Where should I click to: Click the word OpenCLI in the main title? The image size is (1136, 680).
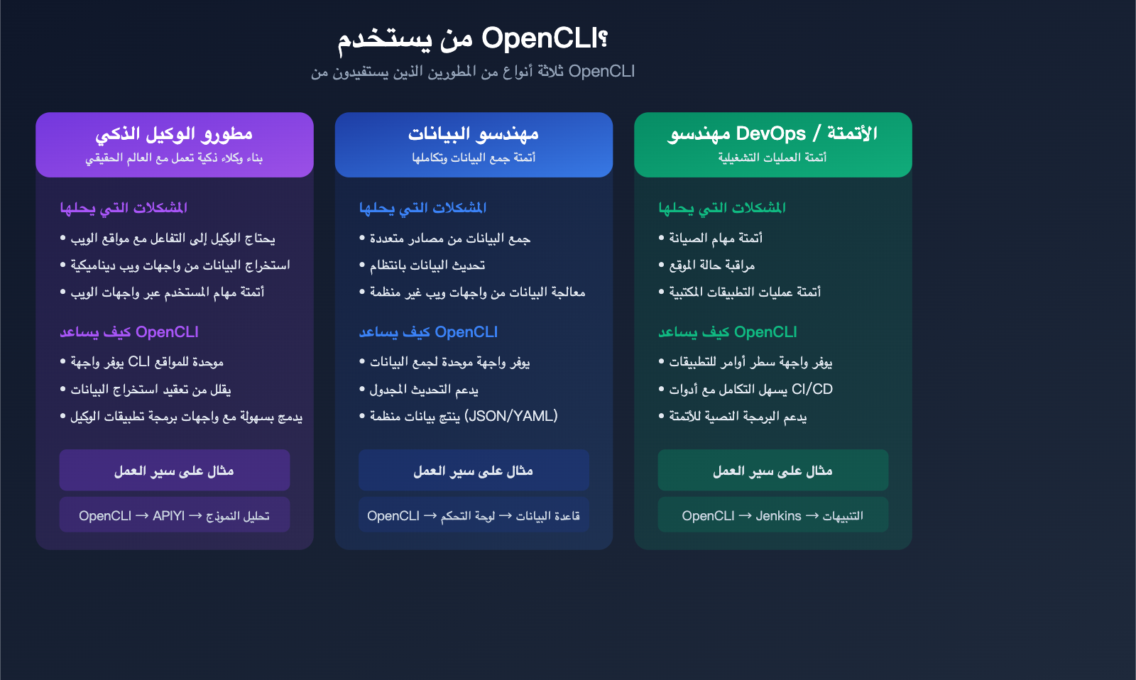540,38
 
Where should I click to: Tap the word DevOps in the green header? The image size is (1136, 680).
771,133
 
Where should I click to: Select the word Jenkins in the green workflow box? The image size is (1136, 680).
778,516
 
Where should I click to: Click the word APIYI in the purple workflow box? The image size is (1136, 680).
168,516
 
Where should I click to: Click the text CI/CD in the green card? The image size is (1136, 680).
812,389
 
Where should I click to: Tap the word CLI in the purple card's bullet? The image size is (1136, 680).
138,362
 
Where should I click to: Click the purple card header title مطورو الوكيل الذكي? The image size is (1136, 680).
174,133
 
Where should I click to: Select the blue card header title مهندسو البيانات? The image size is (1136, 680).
474,133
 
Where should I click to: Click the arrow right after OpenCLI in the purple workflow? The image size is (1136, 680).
142,516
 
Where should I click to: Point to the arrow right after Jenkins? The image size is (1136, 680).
812,516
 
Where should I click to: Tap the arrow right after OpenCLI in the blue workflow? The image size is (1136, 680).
430,516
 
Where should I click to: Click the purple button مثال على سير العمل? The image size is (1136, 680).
174,471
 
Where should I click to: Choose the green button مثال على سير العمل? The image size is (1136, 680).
772,471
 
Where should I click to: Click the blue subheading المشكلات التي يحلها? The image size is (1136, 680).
422,208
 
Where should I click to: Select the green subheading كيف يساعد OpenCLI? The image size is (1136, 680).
728,332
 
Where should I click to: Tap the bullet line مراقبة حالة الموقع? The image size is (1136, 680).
711,265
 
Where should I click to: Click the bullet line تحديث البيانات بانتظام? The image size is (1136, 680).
427,265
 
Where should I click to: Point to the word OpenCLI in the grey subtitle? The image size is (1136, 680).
601,72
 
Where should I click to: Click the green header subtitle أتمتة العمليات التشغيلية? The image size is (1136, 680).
772,158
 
